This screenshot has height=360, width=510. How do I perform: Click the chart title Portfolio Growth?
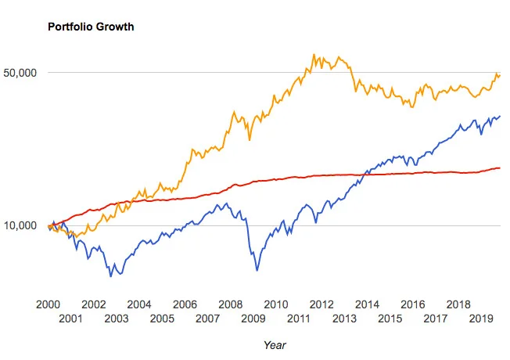[91, 27]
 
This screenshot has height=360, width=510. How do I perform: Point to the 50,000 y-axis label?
[20, 73]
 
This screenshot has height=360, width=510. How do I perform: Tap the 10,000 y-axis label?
[20, 225]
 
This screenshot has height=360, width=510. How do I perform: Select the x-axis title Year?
[275, 345]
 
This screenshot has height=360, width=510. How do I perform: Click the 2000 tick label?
[48, 304]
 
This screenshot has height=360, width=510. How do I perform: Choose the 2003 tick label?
[117, 319]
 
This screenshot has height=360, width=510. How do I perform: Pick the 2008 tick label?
[230, 304]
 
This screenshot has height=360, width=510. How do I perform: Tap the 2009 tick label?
[253, 319]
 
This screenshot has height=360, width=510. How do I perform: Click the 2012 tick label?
[321, 304]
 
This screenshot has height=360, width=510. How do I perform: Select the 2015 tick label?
[390, 319]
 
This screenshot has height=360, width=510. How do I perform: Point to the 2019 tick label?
[481, 319]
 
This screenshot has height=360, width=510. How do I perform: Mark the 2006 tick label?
[185, 304]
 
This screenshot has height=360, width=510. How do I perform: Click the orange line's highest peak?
[314, 54]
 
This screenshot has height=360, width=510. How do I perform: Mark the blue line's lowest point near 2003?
[111, 276]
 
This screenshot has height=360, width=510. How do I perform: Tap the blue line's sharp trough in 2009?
[257, 271]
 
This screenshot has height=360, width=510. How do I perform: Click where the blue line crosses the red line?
[365, 175]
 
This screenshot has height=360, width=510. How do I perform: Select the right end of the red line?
[500, 168]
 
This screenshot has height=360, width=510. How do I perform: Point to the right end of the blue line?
[500, 116]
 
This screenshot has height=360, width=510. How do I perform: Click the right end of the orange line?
[500, 76]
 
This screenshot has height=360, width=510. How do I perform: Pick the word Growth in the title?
[115, 27]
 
